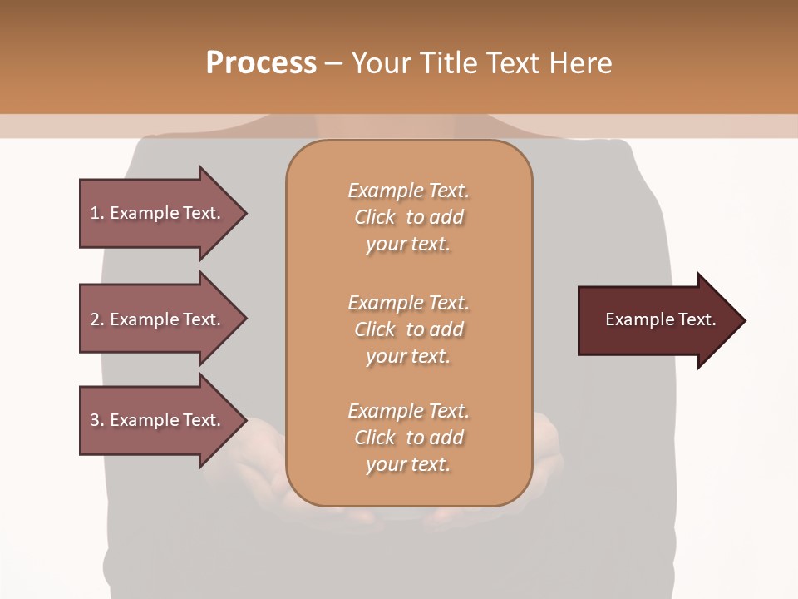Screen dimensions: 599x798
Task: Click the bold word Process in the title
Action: pos(261,63)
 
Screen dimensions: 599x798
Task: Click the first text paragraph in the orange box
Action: pos(408,217)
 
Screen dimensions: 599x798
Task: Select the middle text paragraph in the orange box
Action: pos(408,329)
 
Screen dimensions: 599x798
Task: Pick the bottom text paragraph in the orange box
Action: pos(408,438)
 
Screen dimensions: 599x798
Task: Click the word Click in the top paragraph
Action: pos(375,217)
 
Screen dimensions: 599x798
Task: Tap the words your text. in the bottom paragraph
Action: pos(408,464)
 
